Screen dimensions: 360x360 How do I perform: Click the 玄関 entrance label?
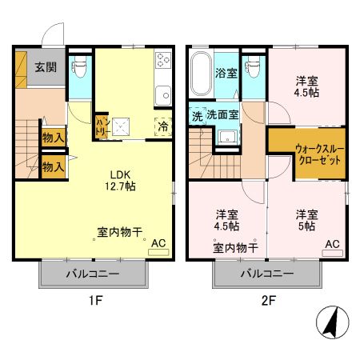coord(45,67)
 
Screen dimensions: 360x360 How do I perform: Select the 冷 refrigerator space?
coord(162,125)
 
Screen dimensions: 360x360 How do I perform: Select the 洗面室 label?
coord(222,115)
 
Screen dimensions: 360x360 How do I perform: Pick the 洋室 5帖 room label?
coord(306,220)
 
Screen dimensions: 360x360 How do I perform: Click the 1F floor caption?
coord(94,302)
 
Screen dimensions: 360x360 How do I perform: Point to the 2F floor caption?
coord(268,302)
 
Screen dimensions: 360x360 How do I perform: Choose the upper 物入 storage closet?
coord(54,138)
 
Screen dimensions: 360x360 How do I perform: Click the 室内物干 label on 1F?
coord(120,233)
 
